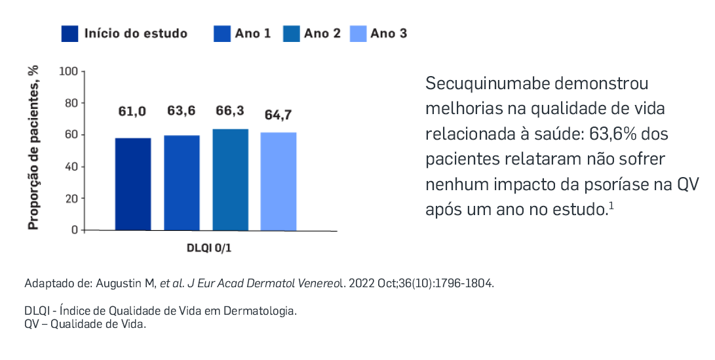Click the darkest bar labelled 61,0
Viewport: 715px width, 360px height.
[133, 184]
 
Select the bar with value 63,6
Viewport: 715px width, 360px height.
[182, 183]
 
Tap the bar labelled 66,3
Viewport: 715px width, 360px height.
[230, 180]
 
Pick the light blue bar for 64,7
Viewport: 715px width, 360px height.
[279, 182]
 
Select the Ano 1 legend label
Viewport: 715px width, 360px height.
[253, 33]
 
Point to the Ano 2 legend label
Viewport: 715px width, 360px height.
[322, 33]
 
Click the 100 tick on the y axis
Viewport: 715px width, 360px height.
[68, 71]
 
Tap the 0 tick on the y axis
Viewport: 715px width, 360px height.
[74, 230]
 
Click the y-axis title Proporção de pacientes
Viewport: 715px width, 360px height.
[33, 148]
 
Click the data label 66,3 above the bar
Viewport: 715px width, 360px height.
[230, 111]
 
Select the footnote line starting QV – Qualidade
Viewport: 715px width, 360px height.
[85, 324]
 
